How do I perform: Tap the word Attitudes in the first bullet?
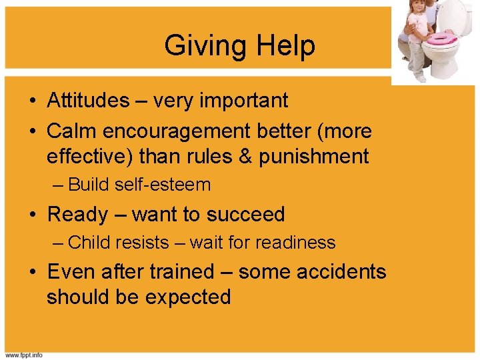88,101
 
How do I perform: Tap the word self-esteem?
163,185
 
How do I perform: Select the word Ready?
78,214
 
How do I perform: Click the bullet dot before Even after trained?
33,272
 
